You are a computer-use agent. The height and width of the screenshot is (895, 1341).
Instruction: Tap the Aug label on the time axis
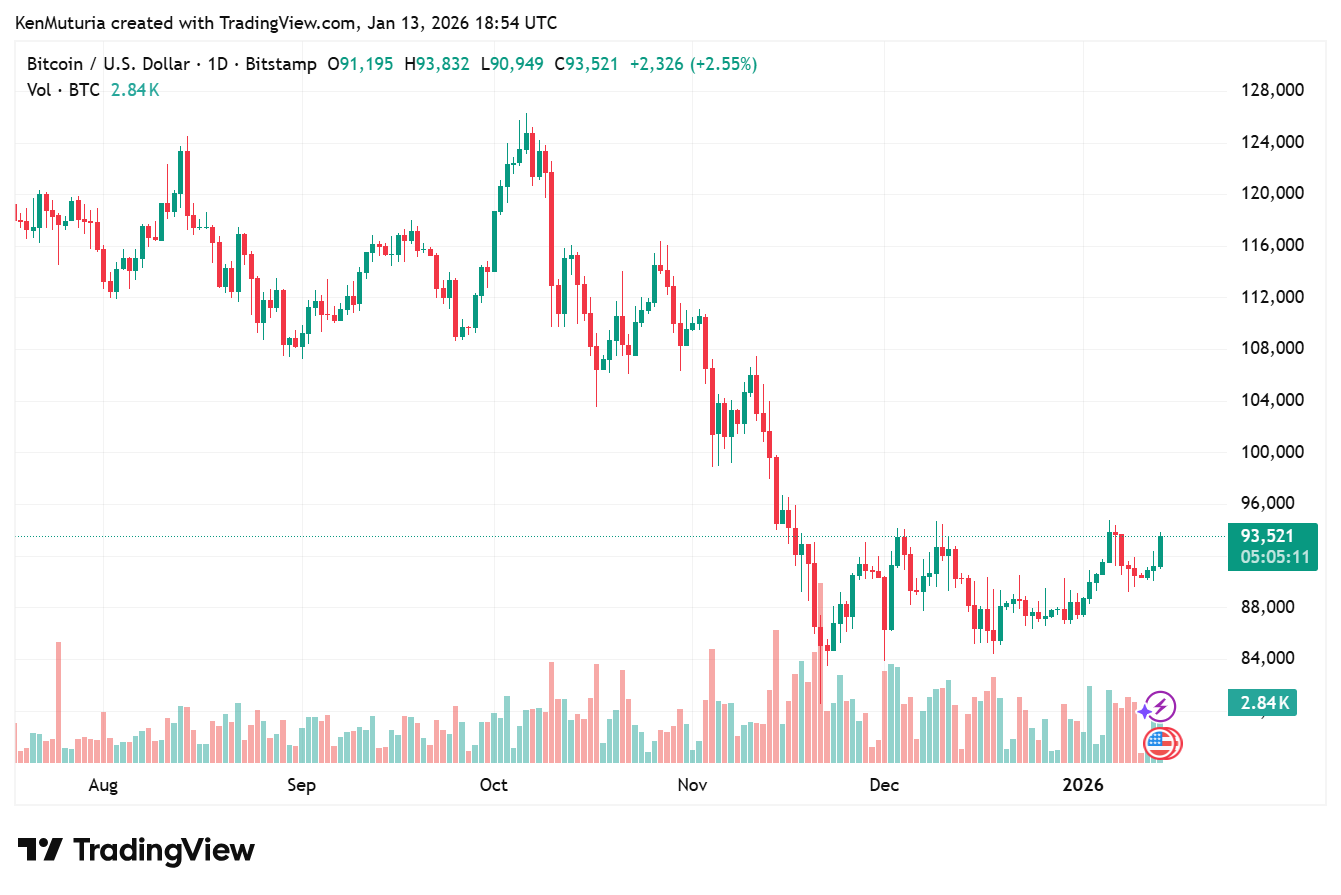tap(103, 785)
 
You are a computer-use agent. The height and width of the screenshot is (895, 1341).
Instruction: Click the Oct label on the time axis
tap(494, 785)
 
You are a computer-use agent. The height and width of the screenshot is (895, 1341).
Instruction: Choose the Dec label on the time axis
tap(884, 785)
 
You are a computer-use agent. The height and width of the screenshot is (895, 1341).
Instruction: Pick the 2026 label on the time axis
tap(1082, 785)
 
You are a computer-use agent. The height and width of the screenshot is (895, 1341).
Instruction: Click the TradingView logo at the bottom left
tap(137, 850)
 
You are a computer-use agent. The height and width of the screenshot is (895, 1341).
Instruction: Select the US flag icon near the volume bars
tap(1160, 742)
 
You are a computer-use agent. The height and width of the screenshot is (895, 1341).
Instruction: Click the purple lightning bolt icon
tap(1160, 707)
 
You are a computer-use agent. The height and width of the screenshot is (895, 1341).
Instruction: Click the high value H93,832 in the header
tap(436, 64)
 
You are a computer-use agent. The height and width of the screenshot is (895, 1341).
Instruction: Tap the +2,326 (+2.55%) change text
tap(693, 64)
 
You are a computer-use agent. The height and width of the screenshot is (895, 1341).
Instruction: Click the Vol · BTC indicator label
tap(63, 90)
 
